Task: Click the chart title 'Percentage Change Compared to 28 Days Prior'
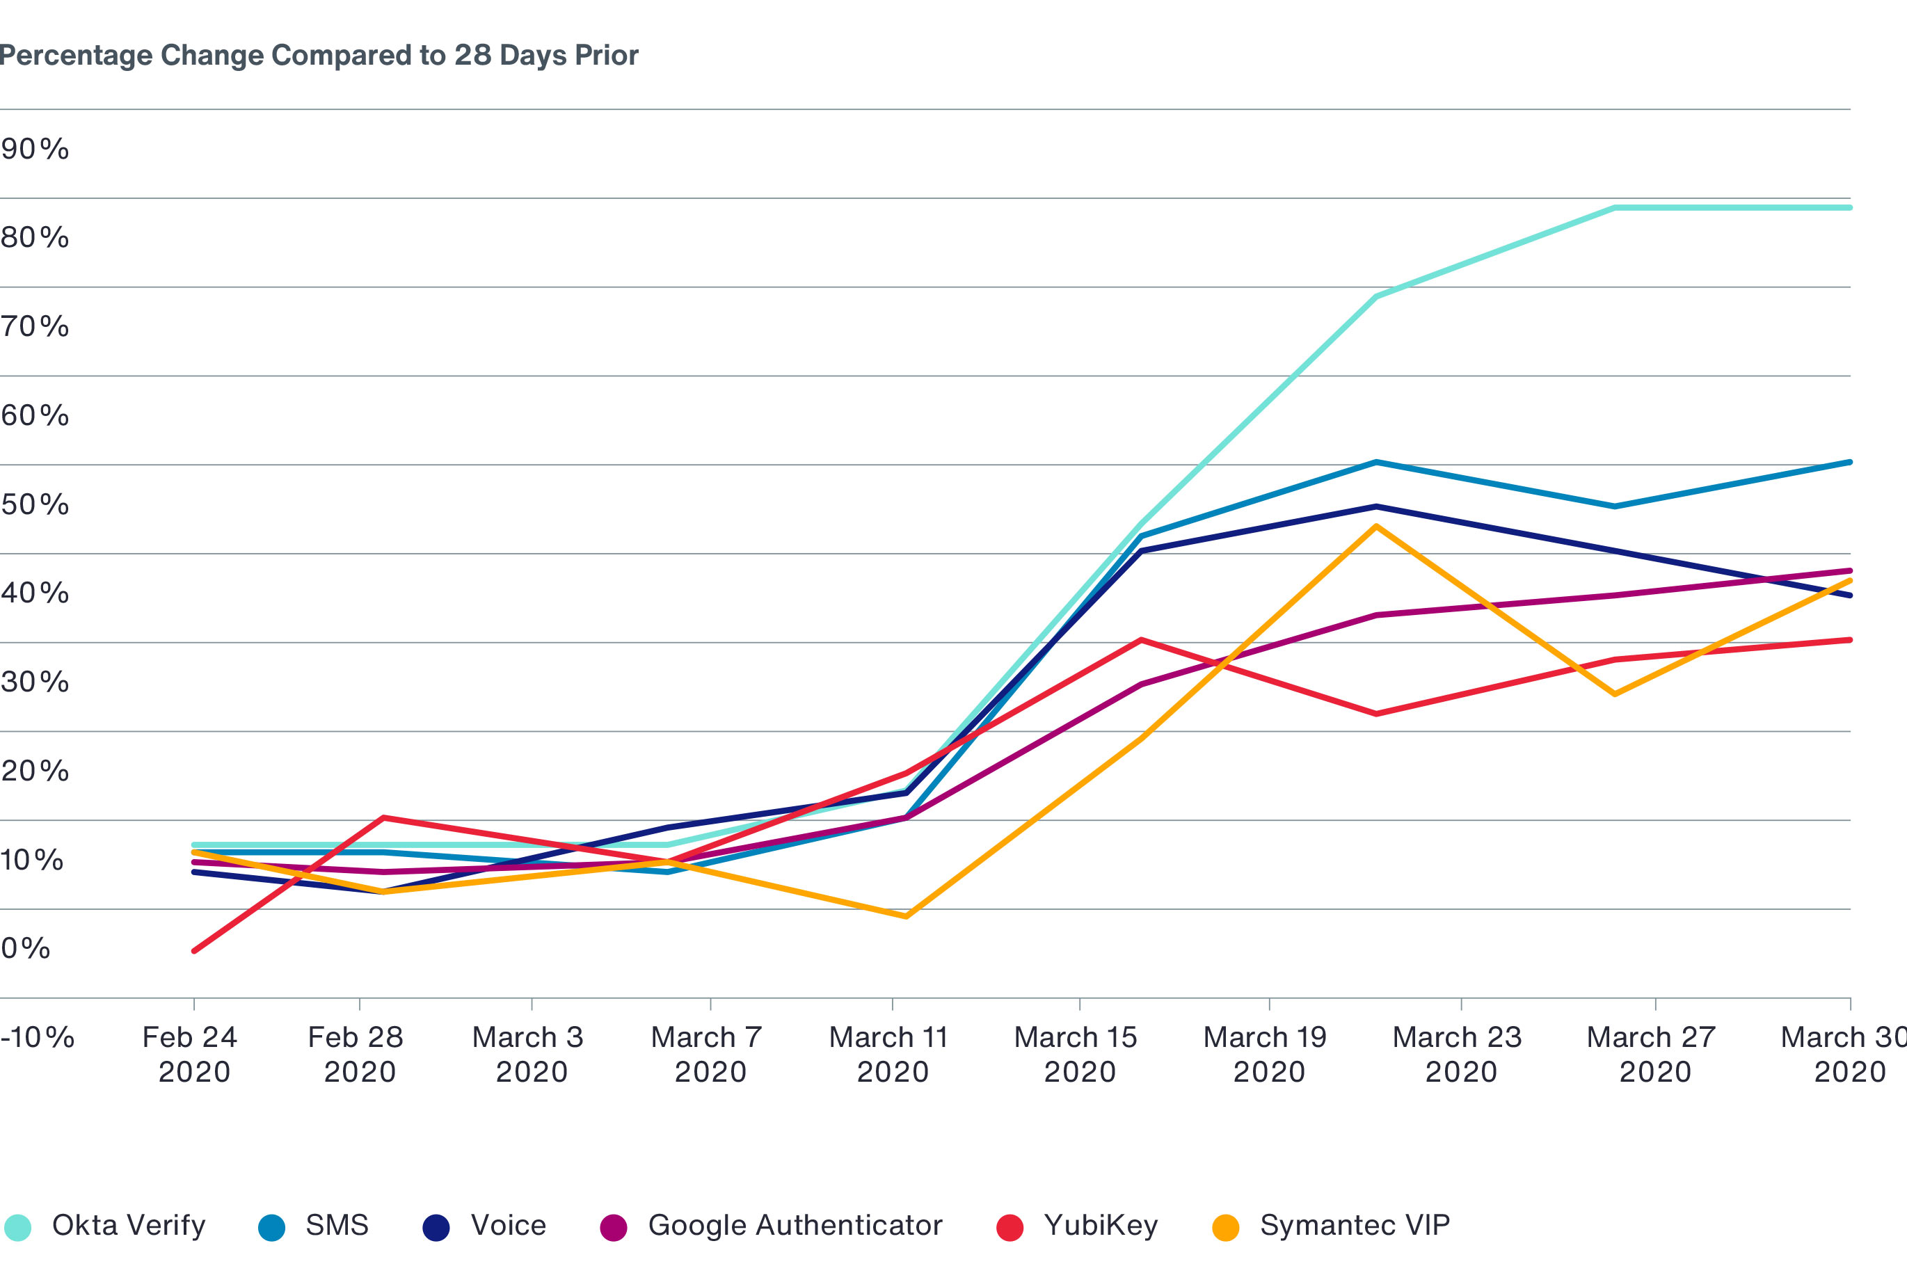(319, 56)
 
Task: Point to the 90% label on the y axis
(35, 150)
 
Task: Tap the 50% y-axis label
(35, 504)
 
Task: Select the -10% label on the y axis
(38, 1037)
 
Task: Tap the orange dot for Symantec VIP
(1225, 1227)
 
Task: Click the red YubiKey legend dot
(1010, 1227)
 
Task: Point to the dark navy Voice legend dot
(436, 1227)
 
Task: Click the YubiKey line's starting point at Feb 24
(194, 951)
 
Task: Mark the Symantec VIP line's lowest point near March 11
(906, 916)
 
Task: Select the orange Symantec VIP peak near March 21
(1376, 527)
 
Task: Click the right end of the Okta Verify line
(1849, 208)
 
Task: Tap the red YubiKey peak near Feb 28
(383, 818)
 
